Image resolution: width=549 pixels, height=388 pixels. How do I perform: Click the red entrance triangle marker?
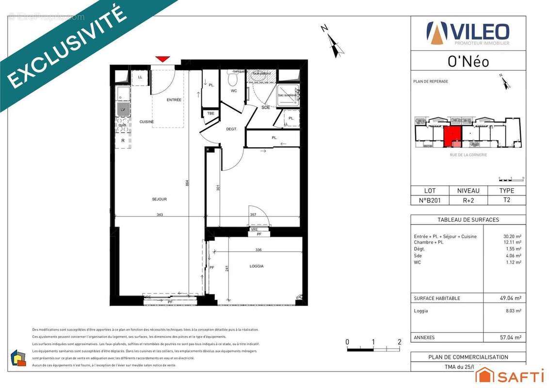click(162, 59)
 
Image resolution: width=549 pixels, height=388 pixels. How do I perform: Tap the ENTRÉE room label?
click(174, 100)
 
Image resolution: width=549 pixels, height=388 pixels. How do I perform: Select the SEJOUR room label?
click(159, 199)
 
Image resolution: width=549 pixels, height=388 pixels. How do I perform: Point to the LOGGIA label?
click(257, 266)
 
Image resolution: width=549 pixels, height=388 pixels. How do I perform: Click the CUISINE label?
click(146, 122)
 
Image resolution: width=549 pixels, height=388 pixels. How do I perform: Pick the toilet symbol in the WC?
click(233, 79)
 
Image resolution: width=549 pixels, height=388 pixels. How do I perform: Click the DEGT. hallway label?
click(231, 129)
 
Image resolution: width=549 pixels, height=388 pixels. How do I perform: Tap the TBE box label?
click(210, 113)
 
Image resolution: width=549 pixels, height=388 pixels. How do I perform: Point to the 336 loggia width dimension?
click(258, 250)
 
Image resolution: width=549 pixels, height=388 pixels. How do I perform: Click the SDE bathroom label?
click(266, 107)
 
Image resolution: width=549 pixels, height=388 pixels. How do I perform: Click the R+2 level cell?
click(468, 199)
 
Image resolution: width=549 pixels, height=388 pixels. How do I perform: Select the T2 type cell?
click(506, 199)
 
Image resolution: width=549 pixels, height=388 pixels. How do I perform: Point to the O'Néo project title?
click(468, 62)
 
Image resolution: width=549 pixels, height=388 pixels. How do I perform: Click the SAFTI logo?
click(509, 375)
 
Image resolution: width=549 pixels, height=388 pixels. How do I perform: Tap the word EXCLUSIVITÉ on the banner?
click(68, 48)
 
